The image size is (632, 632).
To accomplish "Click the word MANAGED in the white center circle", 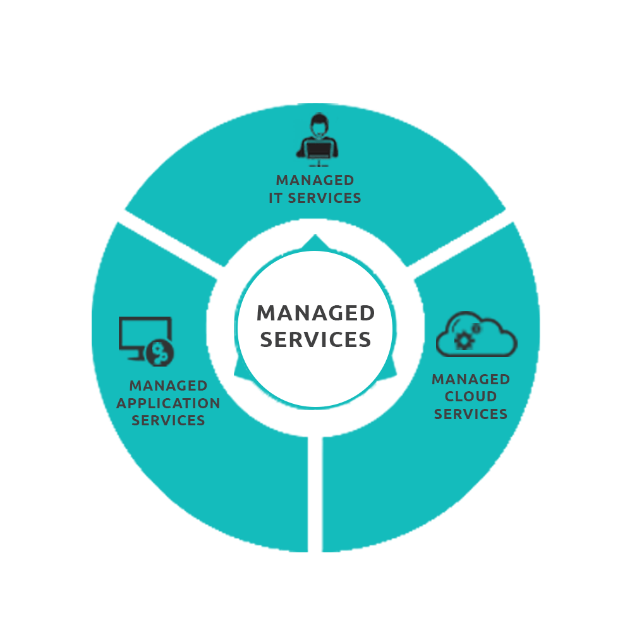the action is pyautogui.click(x=315, y=313).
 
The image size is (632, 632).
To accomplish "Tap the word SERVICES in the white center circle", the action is pyautogui.click(x=315, y=340).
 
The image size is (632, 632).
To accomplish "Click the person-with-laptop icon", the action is pyautogui.click(x=317, y=138).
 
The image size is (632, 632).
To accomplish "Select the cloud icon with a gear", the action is pyautogui.click(x=477, y=334).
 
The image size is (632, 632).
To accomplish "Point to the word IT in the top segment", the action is pyautogui.click(x=276, y=198).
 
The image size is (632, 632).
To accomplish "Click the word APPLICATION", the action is pyautogui.click(x=169, y=403).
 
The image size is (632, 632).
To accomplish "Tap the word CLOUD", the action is pyautogui.click(x=471, y=397).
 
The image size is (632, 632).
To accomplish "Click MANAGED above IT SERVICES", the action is pyautogui.click(x=315, y=181).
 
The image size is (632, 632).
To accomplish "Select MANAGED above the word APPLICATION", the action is pyautogui.click(x=169, y=386).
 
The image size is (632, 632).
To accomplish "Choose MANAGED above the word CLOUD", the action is pyautogui.click(x=471, y=379).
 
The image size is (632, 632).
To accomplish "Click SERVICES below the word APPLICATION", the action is pyautogui.click(x=169, y=421).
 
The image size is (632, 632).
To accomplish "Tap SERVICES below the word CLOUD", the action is pyautogui.click(x=471, y=415).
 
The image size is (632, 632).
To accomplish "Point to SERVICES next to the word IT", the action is pyautogui.click(x=325, y=198).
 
